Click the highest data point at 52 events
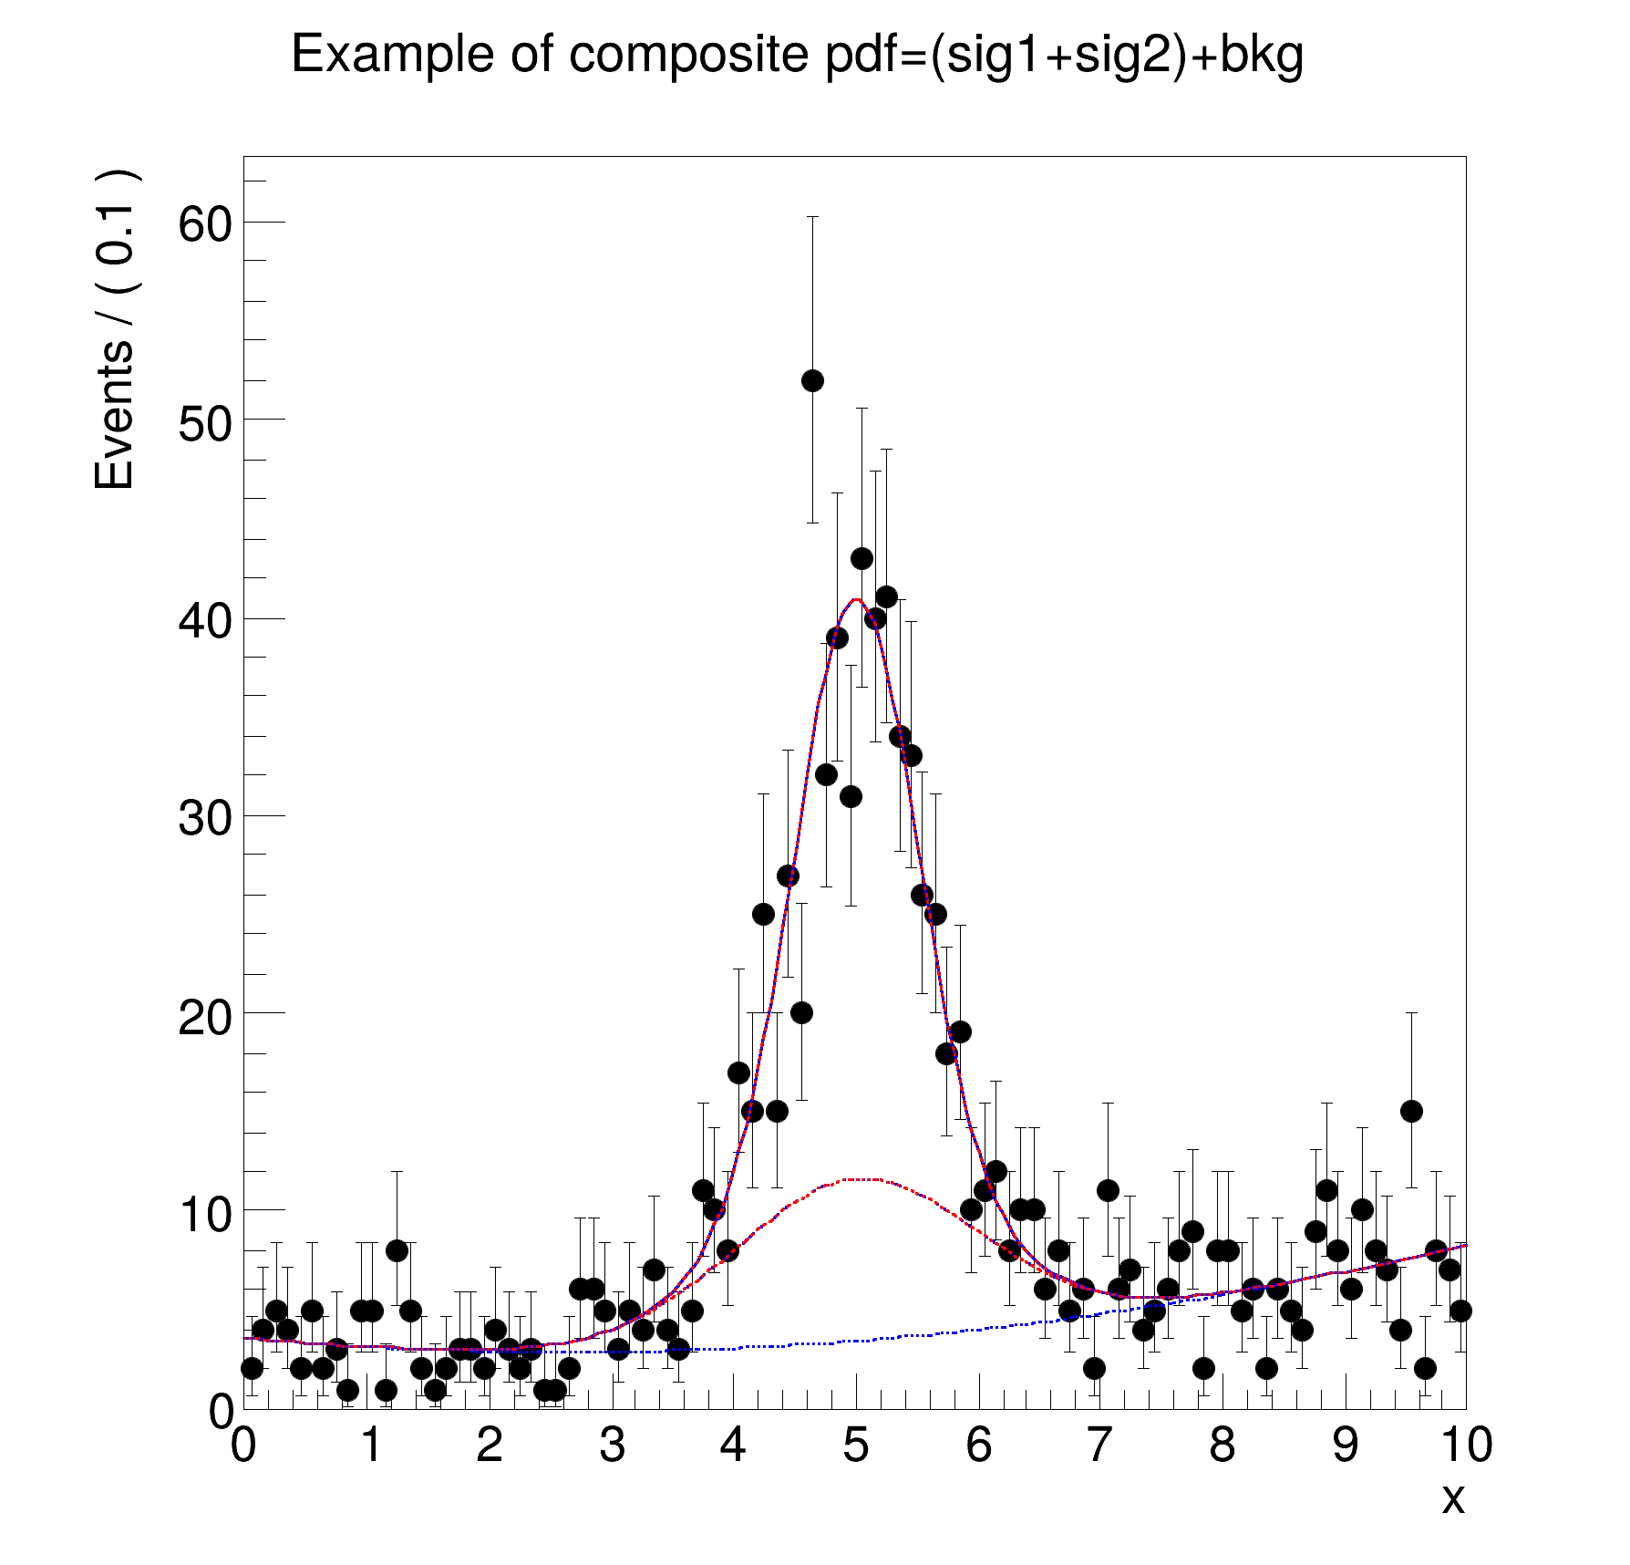click(x=812, y=380)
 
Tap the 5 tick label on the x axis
click(x=855, y=1445)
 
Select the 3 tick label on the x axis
click(x=612, y=1445)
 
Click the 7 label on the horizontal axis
click(x=1099, y=1445)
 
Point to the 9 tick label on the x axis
click(x=1345, y=1445)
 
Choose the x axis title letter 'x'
click(x=1452, y=1498)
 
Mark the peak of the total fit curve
click(x=856, y=599)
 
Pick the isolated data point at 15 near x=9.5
click(x=1411, y=1111)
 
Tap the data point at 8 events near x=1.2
click(x=397, y=1250)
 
